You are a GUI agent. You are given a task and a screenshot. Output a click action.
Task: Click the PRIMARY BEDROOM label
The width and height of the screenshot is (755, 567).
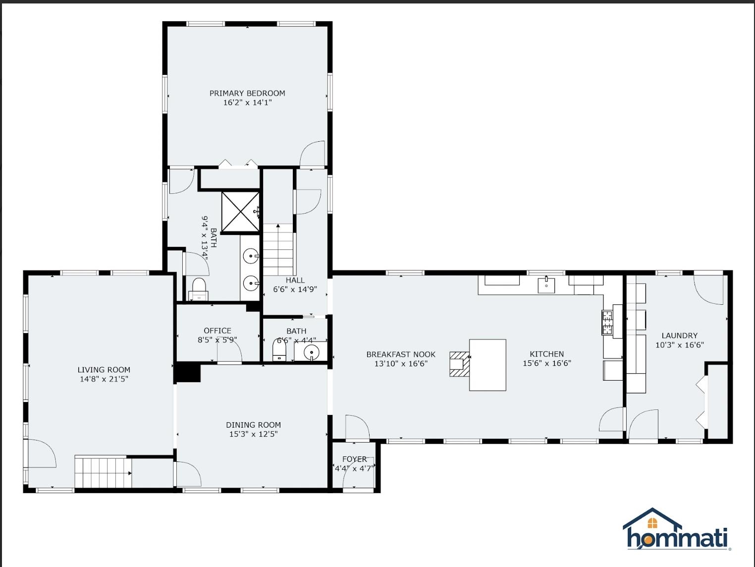click(247, 93)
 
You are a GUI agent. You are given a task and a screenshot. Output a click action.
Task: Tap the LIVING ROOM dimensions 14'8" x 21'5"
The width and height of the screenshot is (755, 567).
click(104, 379)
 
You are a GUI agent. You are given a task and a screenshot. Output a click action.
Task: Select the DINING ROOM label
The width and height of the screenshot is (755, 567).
click(253, 425)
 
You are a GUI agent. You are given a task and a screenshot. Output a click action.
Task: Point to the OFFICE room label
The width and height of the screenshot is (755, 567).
click(217, 331)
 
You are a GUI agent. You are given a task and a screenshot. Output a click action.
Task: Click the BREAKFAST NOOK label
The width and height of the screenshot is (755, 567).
click(401, 354)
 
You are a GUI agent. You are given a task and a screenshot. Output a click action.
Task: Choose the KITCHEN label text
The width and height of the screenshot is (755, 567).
click(546, 354)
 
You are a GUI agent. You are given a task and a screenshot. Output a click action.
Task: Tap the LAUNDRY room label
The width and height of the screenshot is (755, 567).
click(679, 336)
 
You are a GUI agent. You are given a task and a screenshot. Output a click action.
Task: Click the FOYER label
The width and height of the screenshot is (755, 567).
click(355, 459)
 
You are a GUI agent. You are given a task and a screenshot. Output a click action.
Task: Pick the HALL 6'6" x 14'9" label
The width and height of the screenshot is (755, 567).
click(295, 284)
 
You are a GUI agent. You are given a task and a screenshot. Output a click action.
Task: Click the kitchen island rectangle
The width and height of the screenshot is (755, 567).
click(487, 365)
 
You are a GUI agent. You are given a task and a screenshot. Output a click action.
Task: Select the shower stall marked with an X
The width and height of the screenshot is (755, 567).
click(240, 212)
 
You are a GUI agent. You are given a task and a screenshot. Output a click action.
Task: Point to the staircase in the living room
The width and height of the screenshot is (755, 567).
click(103, 472)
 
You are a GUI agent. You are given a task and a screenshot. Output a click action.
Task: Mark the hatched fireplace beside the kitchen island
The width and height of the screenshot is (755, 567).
click(459, 364)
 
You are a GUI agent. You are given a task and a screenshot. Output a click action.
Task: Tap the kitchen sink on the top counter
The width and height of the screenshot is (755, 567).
click(546, 285)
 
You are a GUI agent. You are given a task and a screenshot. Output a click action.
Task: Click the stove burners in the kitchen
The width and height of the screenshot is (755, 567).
click(607, 323)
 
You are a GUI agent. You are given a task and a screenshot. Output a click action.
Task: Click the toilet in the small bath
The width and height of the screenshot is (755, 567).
click(279, 350)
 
